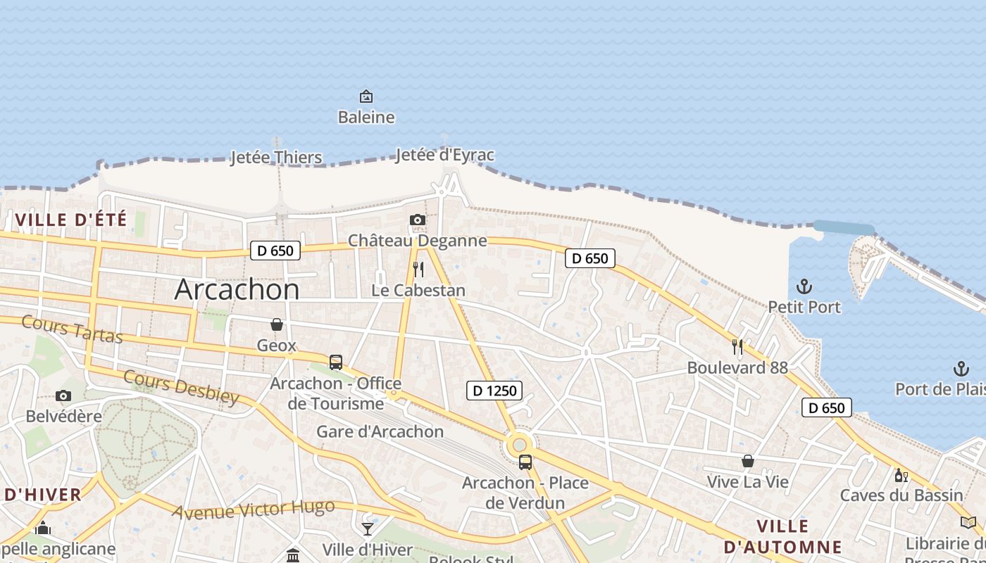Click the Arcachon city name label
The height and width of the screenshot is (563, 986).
coord(237,289)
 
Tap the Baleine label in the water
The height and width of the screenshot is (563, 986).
coord(366,117)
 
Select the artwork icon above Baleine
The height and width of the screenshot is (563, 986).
coord(366,96)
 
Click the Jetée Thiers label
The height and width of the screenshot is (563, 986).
coord(276,157)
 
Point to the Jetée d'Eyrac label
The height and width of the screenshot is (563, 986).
coord(444,155)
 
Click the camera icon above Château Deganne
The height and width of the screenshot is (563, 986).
coord(418,220)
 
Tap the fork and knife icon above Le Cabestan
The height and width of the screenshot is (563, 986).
coord(418,269)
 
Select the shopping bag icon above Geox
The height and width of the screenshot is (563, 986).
coord(277,324)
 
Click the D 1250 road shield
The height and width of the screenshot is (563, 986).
coord(494,391)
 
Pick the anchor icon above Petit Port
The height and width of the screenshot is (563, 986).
coord(804,286)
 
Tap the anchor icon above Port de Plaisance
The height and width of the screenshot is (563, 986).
coord(961,368)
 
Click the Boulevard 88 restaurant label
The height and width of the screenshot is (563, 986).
coord(737,367)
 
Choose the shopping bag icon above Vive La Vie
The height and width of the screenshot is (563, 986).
coord(748,461)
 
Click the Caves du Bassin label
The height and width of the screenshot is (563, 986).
coord(901,495)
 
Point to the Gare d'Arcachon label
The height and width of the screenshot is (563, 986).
coord(380,431)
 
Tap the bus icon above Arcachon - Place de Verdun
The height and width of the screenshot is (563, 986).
coord(525,462)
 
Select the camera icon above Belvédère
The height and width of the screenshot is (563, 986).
coord(63,396)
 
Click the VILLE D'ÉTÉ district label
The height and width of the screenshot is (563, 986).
coord(71,220)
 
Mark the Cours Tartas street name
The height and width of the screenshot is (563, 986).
coord(72,329)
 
